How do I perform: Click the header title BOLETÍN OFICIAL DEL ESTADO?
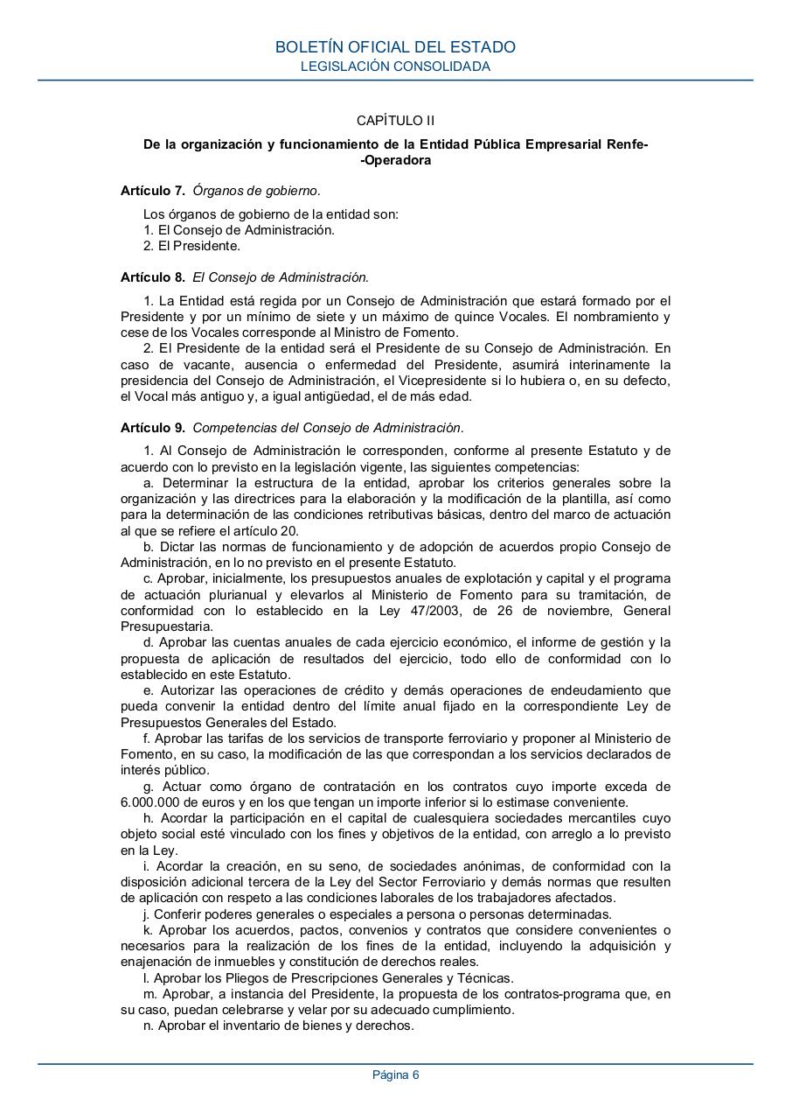(395, 47)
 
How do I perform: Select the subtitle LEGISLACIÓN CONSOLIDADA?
(395, 66)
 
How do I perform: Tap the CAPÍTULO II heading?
(395, 121)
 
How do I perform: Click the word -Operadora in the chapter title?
(395, 160)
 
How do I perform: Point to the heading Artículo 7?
(152, 190)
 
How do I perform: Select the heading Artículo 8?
(152, 277)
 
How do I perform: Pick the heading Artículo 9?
(152, 428)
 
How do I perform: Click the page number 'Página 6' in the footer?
(395, 1075)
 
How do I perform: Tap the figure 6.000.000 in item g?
(150, 801)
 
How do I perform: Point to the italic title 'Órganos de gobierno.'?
(256, 190)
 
